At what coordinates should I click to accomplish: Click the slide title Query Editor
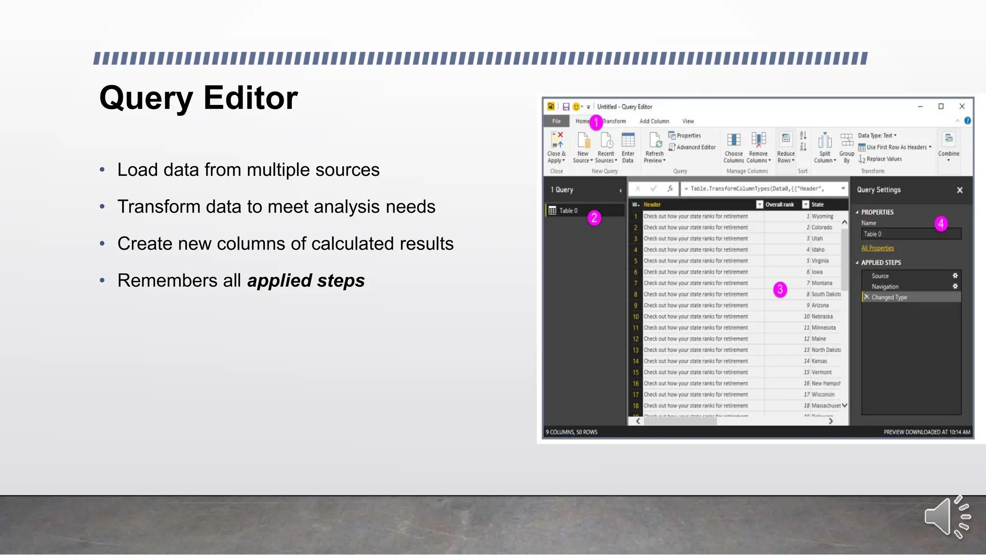pos(198,98)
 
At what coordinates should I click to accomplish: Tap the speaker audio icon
pos(947,516)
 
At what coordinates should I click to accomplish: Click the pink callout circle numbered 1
pos(596,122)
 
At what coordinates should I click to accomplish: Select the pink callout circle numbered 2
pos(594,218)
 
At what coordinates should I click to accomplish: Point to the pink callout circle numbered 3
pos(780,290)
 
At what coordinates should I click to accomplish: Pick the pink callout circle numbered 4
pos(941,224)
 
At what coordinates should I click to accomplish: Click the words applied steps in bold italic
pos(306,280)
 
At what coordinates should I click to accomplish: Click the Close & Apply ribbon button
pos(557,147)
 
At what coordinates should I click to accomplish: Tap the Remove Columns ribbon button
pos(758,147)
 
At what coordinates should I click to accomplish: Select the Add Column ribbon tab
pos(654,121)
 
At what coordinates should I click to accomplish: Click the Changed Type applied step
pos(889,297)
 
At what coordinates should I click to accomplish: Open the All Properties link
pos(877,248)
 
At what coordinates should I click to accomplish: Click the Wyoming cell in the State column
pos(822,216)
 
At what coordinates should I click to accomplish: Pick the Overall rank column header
pos(779,205)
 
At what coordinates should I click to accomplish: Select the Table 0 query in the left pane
pos(568,211)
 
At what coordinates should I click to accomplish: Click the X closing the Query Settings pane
pos(960,190)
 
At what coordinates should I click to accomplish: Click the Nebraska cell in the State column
pos(822,317)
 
